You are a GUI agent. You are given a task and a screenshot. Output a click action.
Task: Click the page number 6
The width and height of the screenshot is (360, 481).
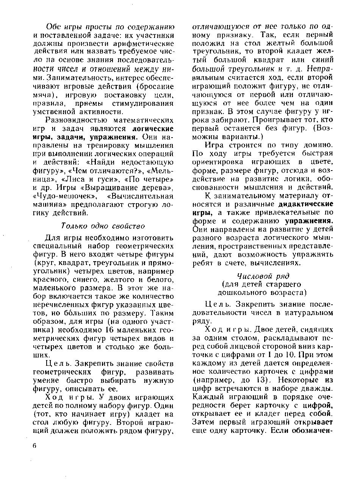coord(34,446)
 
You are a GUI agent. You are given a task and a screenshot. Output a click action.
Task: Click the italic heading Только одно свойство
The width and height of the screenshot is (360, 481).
coord(103,226)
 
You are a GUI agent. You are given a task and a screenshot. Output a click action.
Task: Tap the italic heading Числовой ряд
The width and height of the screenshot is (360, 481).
coord(263,276)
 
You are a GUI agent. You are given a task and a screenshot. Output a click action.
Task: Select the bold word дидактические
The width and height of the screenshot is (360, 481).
coord(305,204)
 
